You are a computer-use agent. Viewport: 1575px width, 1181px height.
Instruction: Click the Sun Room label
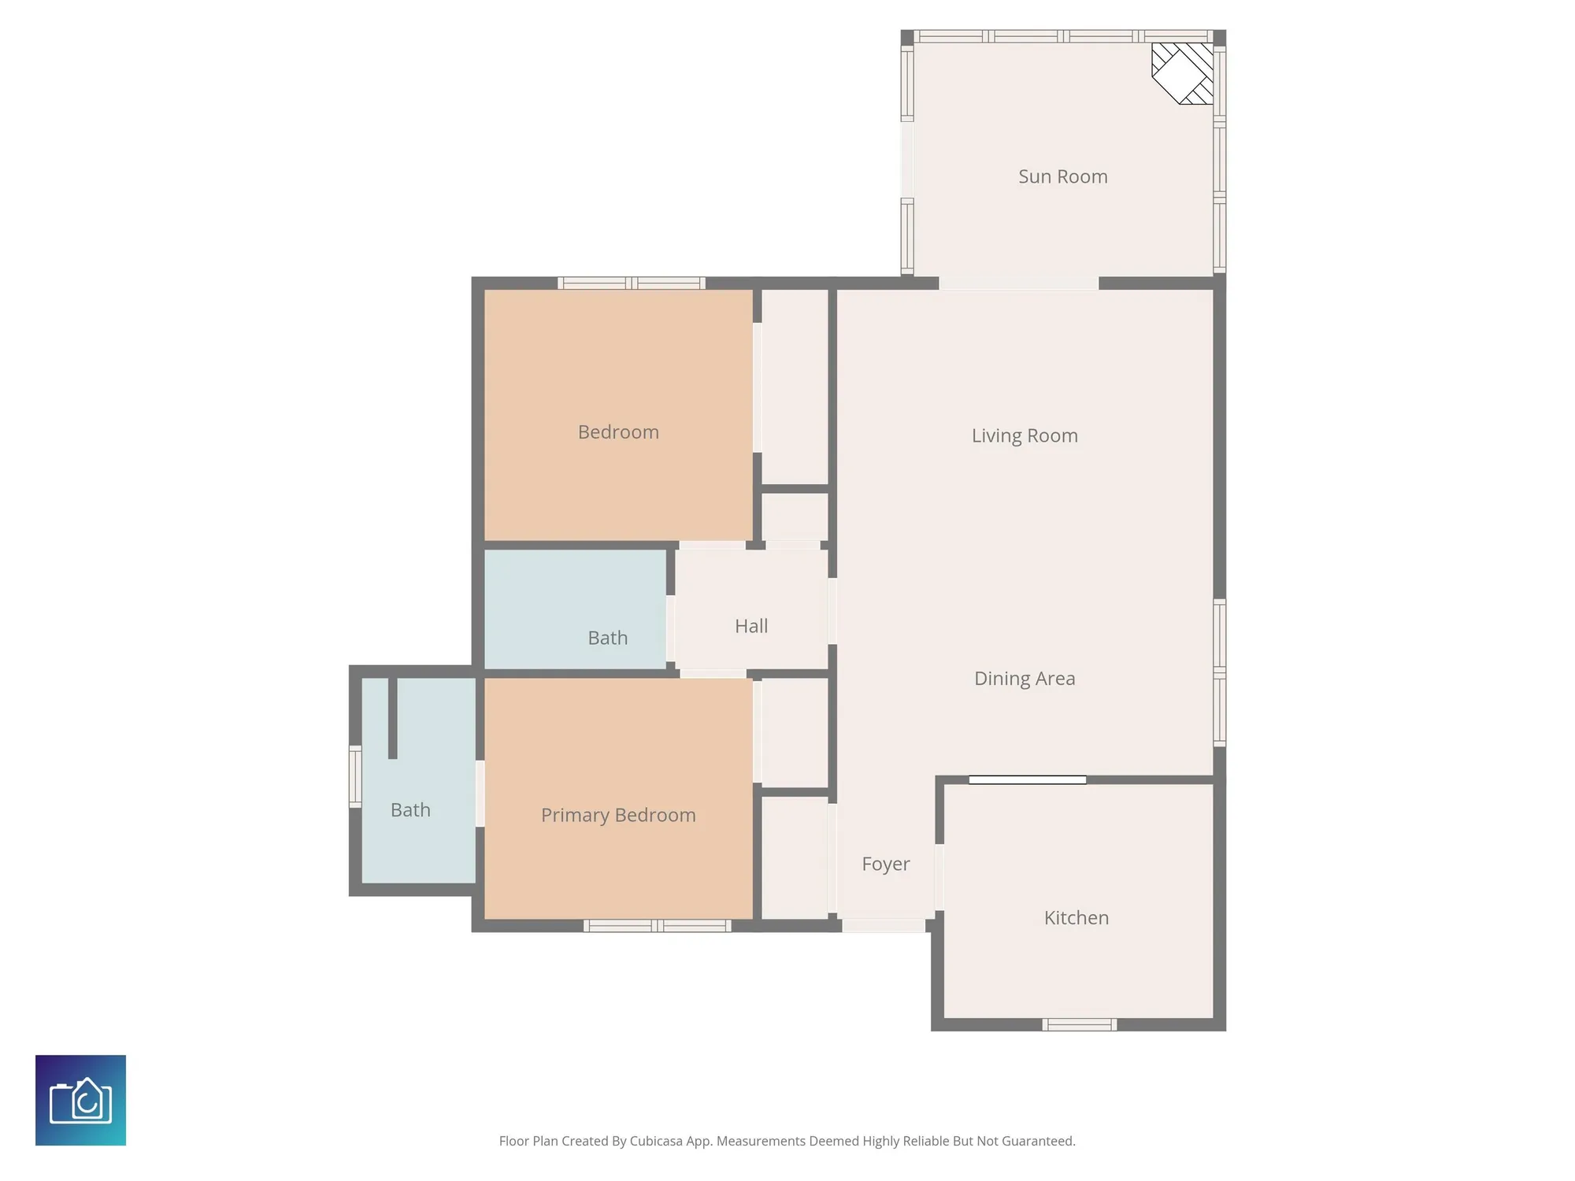(1062, 176)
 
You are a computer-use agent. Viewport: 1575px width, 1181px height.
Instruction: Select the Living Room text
(1024, 435)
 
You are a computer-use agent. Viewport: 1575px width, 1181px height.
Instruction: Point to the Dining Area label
(1024, 679)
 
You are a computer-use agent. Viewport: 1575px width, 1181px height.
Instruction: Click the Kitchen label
(1076, 918)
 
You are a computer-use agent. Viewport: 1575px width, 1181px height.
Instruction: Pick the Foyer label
(885, 864)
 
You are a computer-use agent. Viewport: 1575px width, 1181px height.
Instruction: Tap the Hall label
(750, 626)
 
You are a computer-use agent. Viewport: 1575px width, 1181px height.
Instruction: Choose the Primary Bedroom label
(618, 815)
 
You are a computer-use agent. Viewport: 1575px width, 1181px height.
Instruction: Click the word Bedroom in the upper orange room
(618, 432)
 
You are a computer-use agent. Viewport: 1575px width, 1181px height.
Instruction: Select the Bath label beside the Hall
(607, 638)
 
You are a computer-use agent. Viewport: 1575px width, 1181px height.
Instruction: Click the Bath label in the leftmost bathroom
(410, 810)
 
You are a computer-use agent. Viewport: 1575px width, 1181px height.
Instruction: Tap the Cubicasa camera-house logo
(80, 1100)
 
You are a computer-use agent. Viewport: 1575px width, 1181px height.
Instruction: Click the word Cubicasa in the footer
(656, 1141)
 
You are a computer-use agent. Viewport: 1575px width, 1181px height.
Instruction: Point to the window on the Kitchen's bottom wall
(1079, 1024)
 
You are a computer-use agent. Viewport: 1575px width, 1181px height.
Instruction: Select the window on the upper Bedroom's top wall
(631, 283)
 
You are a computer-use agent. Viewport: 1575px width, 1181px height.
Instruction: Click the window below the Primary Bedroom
(657, 926)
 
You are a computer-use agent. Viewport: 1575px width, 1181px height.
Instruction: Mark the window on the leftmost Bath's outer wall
(355, 776)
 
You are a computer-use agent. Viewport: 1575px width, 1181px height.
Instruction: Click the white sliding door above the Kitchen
(1027, 779)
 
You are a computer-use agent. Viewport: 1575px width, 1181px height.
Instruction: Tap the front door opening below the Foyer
(883, 926)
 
